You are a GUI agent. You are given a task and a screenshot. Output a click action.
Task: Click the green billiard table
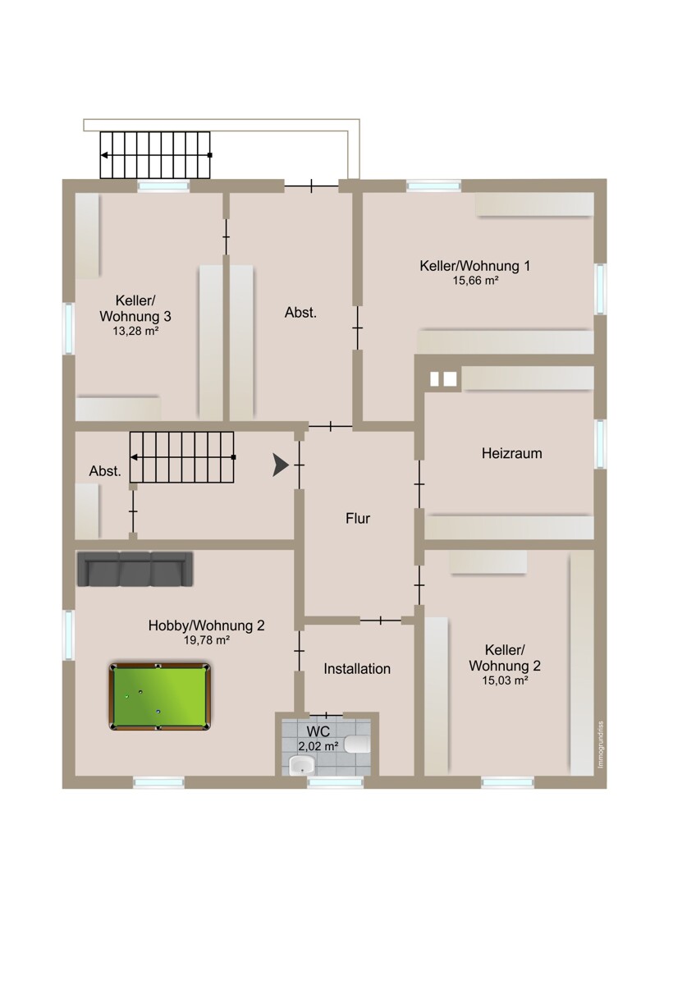click(160, 697)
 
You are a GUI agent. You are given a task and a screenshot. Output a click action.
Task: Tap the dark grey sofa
click(135, 569)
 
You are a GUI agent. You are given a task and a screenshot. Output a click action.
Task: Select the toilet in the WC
click(358, 744)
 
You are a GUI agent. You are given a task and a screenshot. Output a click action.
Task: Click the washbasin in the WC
click(303, 765)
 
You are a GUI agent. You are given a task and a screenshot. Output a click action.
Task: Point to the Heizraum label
click(511, 453)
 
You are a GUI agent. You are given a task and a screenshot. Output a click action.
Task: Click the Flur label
click(358, 518)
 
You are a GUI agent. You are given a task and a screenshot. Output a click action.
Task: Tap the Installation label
click(357, 669)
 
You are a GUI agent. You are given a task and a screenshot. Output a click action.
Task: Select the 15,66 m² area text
click(475, 281)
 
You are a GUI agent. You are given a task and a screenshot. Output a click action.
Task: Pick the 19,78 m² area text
click(207, 640)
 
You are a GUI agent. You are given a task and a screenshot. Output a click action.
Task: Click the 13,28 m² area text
click(135, 331)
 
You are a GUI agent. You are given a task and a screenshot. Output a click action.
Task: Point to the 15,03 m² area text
click(505, 680)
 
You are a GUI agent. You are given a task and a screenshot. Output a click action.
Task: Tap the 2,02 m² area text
click(318, 746)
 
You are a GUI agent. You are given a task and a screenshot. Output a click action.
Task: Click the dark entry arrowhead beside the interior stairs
click(281, 465)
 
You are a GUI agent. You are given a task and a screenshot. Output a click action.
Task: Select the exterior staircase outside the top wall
click(155, 155)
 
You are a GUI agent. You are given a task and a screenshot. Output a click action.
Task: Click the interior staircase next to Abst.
click(182, 457)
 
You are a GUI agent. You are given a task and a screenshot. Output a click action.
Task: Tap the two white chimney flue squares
click(443, 378)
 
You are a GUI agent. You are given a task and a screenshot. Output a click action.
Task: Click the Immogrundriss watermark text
click(601, 745)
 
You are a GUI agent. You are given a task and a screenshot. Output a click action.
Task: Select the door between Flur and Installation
click(380, 621)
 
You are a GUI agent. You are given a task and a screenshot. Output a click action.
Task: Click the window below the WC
click(335, 782)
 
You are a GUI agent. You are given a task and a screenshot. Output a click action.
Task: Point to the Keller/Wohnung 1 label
click(475, 266)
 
